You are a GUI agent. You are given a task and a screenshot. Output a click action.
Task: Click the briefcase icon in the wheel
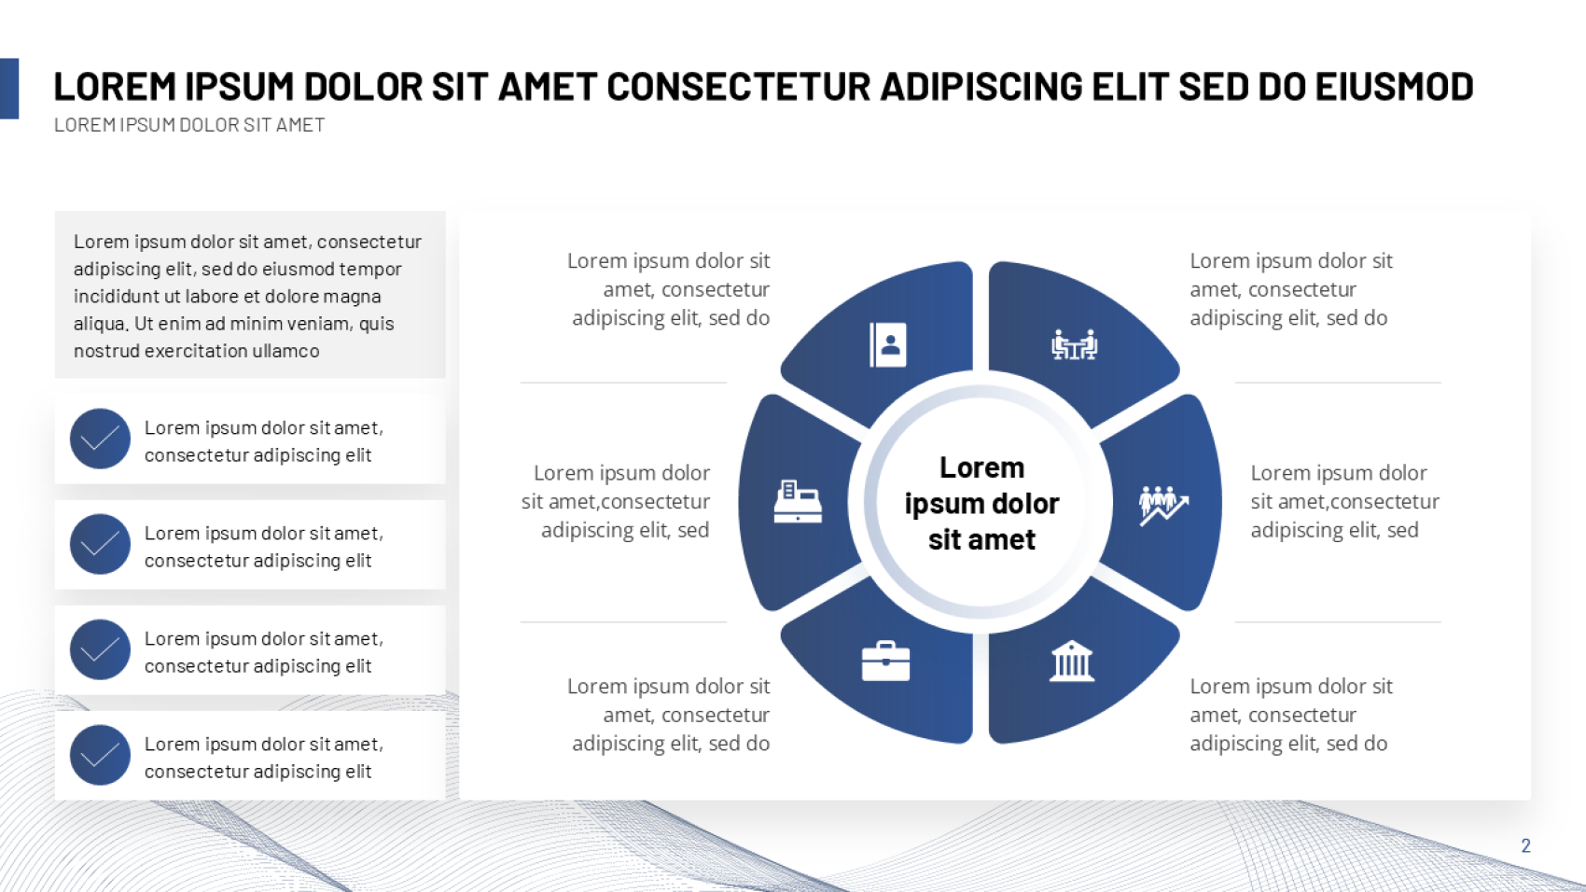click(x=885, y=662)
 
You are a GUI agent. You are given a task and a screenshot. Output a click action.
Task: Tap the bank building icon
click(x=1071, y=661)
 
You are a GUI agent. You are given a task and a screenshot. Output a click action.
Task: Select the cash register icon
click(x=798, y=501)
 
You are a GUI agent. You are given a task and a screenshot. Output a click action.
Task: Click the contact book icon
click(x=888, y=345)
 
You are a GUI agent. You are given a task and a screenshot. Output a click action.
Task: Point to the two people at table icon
click(x=1074, y=345)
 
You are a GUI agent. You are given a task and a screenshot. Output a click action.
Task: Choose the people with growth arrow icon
click(x=1163, y=505)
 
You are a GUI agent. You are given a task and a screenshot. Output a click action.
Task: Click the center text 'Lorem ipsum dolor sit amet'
click(x=981, y=503)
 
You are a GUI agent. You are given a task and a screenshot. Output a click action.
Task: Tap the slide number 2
click(x=1525, y=845)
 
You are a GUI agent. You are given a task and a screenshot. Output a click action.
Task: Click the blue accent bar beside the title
click(x=9, y=89)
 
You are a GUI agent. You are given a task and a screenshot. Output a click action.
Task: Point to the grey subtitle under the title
click(x=189, y=125)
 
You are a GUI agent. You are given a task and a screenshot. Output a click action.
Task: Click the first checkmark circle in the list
click(x=100, y=439)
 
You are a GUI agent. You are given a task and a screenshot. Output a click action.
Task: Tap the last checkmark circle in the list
click(x=100, y=756)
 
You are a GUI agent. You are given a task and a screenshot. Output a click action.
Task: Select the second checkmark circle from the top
click(x=100, y=544)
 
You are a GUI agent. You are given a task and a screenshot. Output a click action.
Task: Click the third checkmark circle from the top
click(x=100, y=650)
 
